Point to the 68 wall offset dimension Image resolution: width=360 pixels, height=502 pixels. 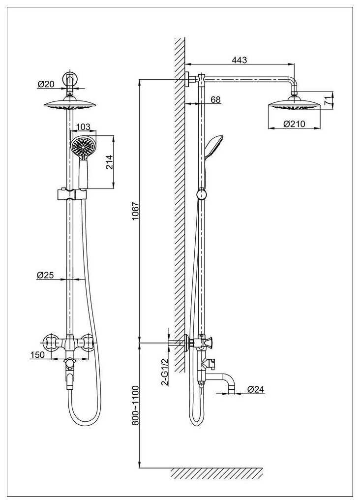(x=215, y=99)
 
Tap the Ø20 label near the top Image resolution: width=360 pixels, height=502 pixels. (x=46, y=84)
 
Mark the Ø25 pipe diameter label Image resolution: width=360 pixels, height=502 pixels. (x=45, y=275)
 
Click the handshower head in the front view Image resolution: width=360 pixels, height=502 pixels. (x=83, y=146)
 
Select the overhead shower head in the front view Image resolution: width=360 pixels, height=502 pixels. (x=70, y=104)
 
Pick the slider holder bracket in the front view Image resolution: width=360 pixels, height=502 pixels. (x=72, y=194)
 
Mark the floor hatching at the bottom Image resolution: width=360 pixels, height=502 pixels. (x=216, y=473)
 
